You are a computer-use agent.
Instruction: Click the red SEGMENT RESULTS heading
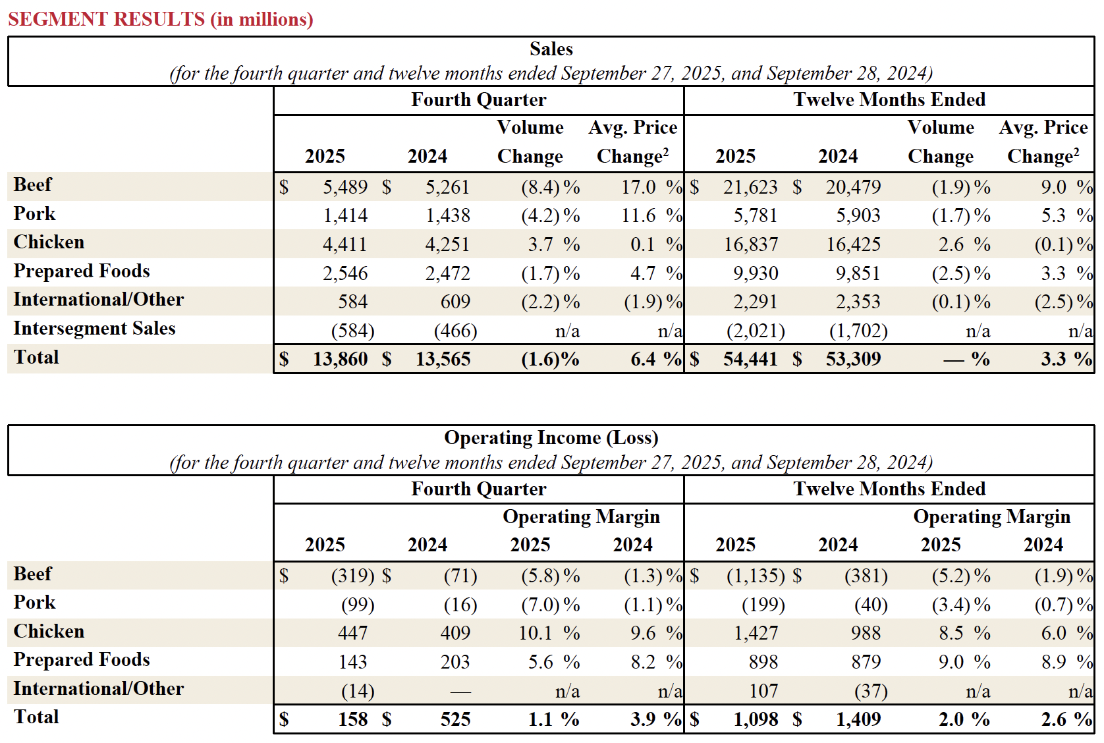(x=160, y=19)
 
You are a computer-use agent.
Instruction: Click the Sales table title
(x=551, y=49)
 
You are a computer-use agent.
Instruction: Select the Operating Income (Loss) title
(x=551, y=438)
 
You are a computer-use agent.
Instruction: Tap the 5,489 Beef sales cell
(x=345, y=187)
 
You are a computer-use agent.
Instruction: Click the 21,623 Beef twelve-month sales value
(x=750, y=187)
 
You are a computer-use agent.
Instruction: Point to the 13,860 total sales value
(x=340, y=359)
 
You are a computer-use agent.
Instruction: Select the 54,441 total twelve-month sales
(x=750, y=359)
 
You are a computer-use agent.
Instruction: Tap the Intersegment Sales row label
(x=94, y=328)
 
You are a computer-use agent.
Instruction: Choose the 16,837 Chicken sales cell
(x=750, y=244)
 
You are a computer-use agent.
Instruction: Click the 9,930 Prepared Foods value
(x=756, y=273)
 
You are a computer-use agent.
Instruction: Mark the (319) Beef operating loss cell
(x=352, y=576)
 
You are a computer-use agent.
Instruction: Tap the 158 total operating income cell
(x=352, y=719)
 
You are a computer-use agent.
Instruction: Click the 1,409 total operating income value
(x=858, y=719)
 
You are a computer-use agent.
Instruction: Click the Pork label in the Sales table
(x=34, y=214)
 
